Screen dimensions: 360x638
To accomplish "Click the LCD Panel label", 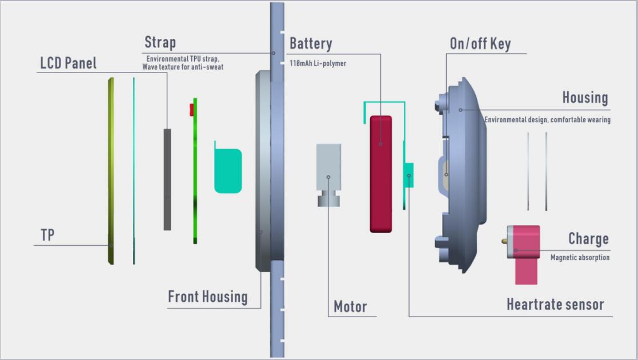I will [x=68, y=63].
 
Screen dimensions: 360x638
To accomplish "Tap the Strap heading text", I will [x=160, y=42].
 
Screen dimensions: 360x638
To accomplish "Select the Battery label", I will [x=311, y=44].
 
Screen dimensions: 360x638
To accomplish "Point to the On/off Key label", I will [x=480, y=44].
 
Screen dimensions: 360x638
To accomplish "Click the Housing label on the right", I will [x=585, y=98].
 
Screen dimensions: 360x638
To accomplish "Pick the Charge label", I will [x=588, y=239].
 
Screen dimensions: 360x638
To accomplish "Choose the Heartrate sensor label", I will [x=555, y=305].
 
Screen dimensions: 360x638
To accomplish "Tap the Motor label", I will [x=350, y=307].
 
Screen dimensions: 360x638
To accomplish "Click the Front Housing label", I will [x=208, y=297].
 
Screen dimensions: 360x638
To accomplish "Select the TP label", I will [x=48, y=235].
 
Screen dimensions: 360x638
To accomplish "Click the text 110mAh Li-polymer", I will [x=318, y=63].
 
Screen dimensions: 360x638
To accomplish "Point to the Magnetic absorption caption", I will [x=580, y=258].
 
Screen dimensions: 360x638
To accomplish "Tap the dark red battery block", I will [x=381, y=174].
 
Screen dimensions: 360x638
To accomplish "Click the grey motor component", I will [x=328, y=171].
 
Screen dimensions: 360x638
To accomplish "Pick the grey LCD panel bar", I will [x=167, y=179].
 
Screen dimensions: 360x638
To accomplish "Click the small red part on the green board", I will [x=192, y=110].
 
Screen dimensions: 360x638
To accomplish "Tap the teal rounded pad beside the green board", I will [x=228, y=170].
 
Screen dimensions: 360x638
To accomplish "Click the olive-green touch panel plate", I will [x=111, y=171].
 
